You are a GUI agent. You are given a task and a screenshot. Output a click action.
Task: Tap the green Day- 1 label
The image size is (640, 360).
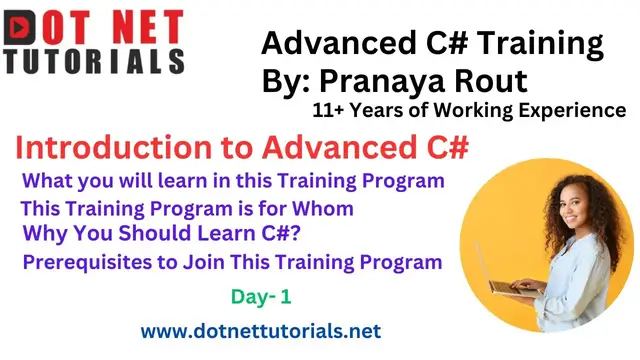coord(258,297)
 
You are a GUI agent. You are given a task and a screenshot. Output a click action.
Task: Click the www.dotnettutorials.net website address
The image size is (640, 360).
coord(260,329)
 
